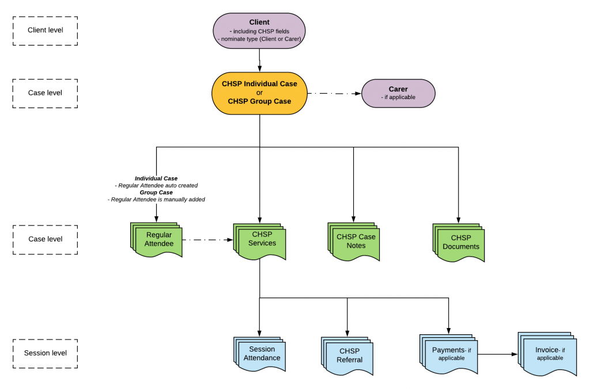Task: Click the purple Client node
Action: [x=259, y=31]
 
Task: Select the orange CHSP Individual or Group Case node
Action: [x=259, y=93]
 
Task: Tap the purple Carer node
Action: [x=398, y=93]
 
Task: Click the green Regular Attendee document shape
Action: [x=156, y=240]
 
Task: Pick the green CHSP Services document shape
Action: [x=260, y=241]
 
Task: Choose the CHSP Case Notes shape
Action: [x=354, y=242]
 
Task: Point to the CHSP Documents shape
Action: [x=459, y=243]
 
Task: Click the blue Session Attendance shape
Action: [x=260, y=354]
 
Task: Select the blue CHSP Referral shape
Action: [x=347, y=356]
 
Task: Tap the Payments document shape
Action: [x=448, y=354]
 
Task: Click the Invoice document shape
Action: [x=547, y=354]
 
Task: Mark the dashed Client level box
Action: [x=45, y=31]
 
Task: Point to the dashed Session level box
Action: [x=45, y=354]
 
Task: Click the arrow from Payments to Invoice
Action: [x=498, y=354]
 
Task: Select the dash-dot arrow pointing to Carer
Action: [x=335, y=94]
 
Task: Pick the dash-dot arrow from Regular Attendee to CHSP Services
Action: [x=207, y=240]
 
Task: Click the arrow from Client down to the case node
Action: [x=260, y=60]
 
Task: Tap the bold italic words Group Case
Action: [x=156, y=192]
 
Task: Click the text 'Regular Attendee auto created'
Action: [x=158, y=185]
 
